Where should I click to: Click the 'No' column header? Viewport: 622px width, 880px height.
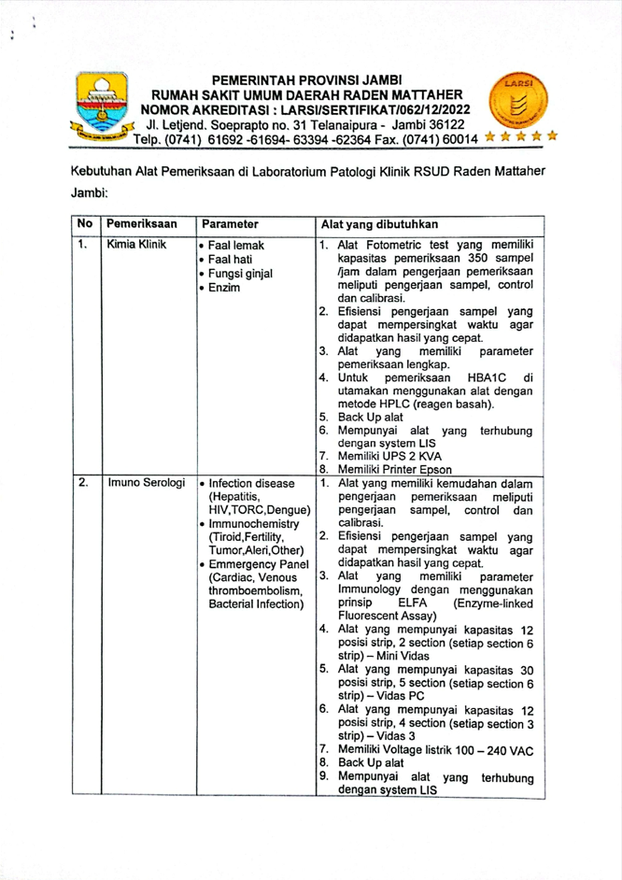(x=83, y=224)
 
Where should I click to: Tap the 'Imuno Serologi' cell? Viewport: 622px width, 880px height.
(x=144, y=484)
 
